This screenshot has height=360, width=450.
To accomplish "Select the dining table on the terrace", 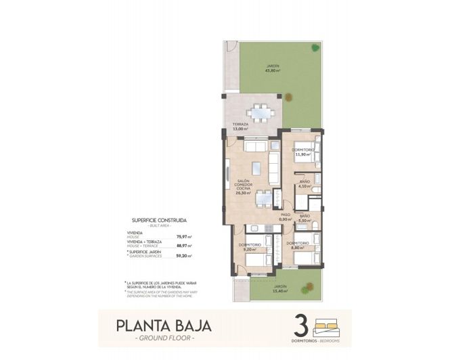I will click(257, 112).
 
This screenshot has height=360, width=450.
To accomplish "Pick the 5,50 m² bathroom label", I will click(305, 221).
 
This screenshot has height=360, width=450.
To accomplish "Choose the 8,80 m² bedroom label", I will click(297, 246).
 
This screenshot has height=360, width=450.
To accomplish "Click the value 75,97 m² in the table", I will click(184, 236).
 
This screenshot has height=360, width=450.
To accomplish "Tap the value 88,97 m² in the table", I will click(184, 246).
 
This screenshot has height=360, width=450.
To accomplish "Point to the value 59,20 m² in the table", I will click(184, 256).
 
